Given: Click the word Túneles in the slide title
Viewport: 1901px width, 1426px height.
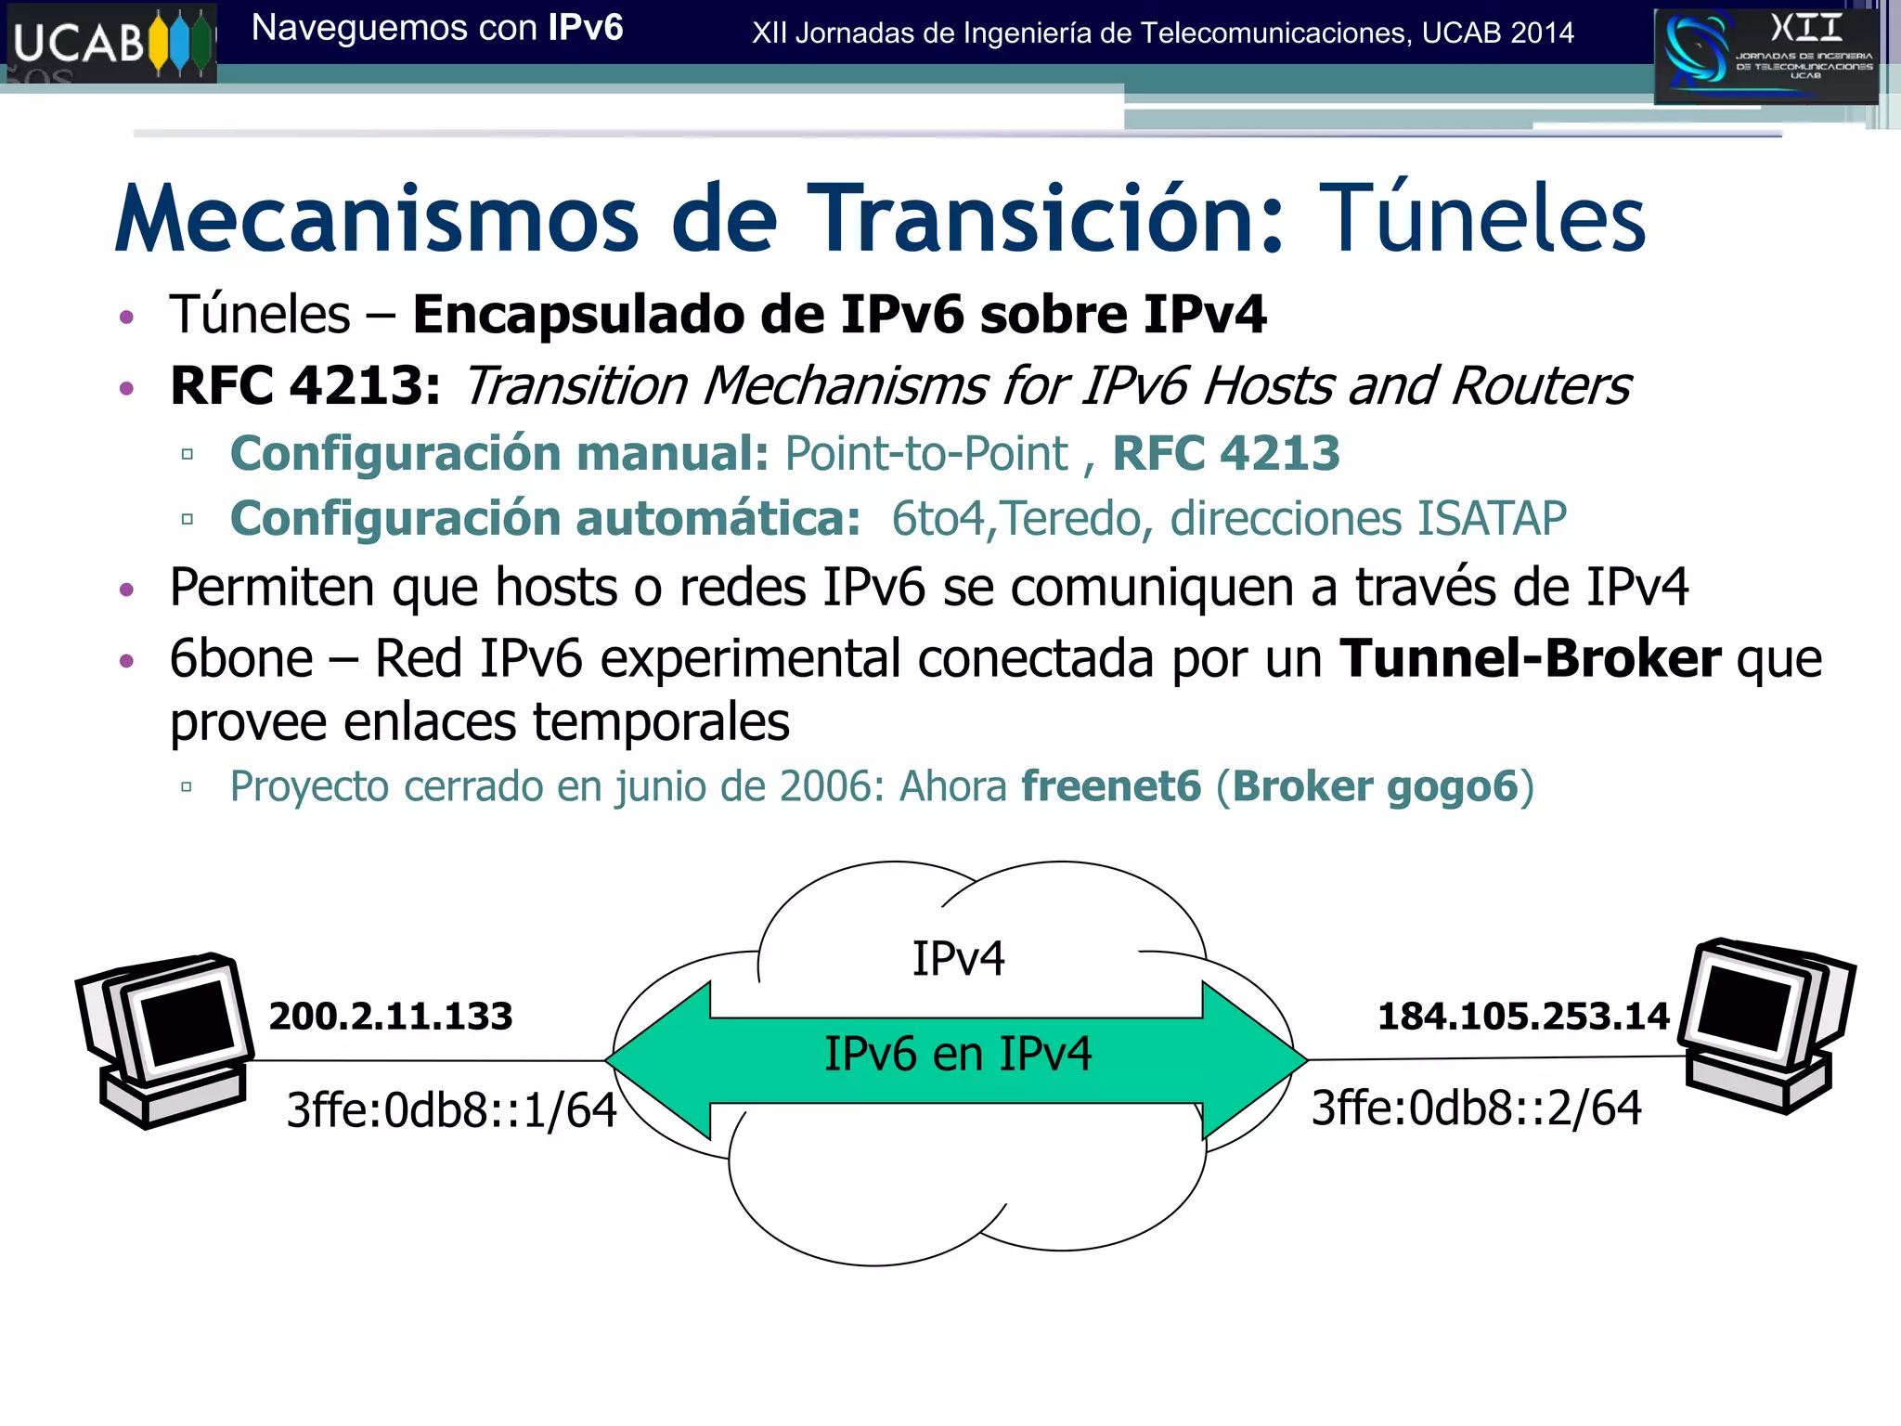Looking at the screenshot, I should click(1481, 219).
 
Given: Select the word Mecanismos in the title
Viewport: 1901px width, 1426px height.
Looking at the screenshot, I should click(377, 219).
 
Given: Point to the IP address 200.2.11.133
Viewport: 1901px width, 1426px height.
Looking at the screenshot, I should click(390, 1017).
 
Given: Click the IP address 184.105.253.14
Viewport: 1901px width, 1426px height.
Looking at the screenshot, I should click(1523, 1017).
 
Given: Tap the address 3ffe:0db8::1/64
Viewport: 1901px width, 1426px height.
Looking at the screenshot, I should click(451, 1109).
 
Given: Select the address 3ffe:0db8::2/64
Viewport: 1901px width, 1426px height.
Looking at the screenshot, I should click(1476, 1108).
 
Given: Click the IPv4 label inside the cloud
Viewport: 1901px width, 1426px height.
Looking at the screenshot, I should click(958, 959).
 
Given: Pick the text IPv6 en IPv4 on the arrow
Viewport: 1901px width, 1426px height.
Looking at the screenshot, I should click(958, 1055).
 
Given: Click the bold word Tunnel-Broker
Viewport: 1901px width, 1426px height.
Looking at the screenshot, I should click(1530, 659).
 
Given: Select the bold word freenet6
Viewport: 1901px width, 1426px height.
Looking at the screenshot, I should click(1111, 786).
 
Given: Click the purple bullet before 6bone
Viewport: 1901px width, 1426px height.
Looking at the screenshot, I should click(127, 661).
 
